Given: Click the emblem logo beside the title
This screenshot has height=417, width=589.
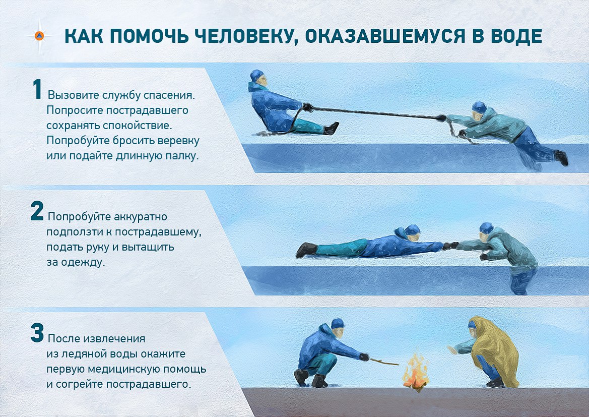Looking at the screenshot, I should (x=40, y=36).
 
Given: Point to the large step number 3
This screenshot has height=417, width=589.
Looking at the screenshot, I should (x=37, y=333).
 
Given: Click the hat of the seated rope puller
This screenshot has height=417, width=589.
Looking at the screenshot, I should (x=257, y=76).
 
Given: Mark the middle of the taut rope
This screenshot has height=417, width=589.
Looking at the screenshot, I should (x=375, y=113).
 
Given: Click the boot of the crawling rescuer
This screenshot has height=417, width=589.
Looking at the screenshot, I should (x=306, y=249).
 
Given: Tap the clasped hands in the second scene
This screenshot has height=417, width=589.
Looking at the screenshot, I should (x=450, y=246).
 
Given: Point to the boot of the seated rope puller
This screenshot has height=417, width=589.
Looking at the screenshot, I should (x=331, y=129).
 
